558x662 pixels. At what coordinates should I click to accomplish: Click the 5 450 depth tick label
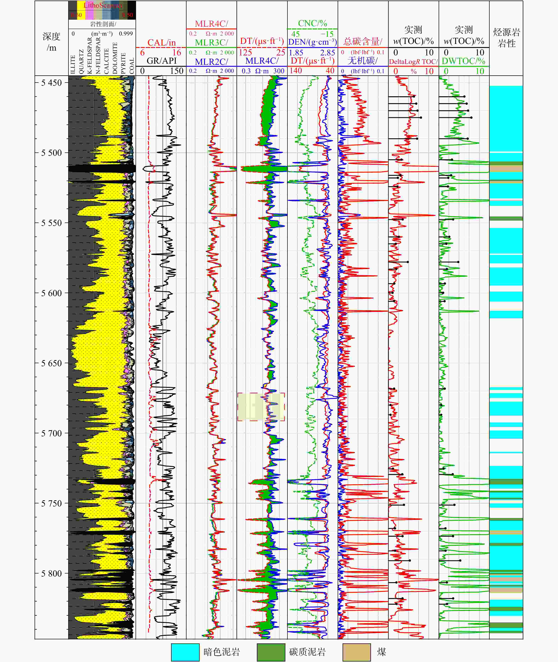(51, 83)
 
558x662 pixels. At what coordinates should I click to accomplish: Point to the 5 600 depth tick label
(51, 293)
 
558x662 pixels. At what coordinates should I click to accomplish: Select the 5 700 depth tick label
(51, 433)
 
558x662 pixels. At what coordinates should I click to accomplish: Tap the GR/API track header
(161, 61)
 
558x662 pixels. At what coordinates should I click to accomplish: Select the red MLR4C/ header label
(211, 24)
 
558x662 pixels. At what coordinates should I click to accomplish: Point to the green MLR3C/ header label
(211, 42)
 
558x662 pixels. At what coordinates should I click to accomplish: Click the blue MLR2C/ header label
(211, 62)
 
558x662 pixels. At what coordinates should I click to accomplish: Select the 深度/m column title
(51, 42)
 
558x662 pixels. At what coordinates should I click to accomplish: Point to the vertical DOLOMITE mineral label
(115, 58)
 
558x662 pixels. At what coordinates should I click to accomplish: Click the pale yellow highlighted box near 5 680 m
(261, 407)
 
